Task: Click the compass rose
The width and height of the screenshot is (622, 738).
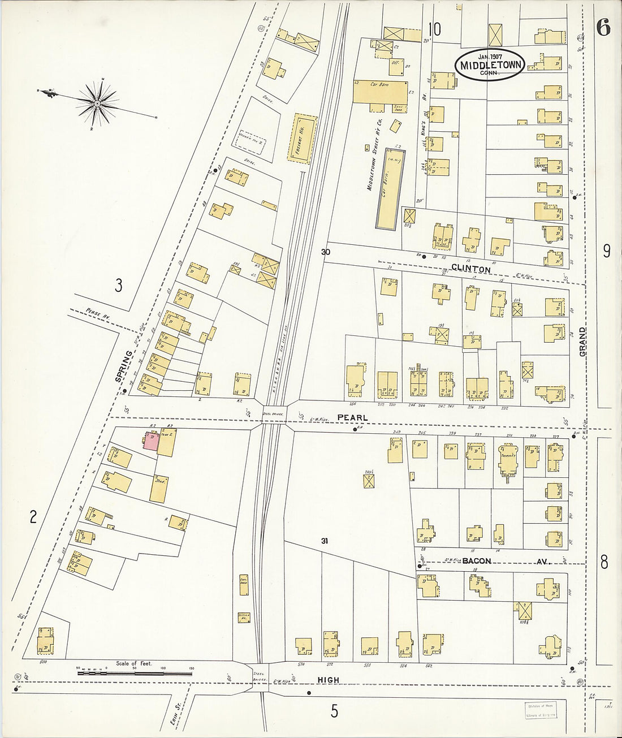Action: [x=97, y=103]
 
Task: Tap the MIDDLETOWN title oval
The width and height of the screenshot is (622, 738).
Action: [x=490, y=64]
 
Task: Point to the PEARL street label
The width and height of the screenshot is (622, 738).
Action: [x=353, y=417]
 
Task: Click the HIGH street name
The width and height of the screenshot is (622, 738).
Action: [x=329, y=680]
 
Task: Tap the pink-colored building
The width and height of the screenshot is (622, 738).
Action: [x=151, y=441]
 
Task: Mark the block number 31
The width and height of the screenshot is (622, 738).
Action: [x=324, y=541]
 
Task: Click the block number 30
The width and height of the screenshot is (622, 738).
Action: [x=325, y=252]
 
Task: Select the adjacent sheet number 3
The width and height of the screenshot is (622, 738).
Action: [x=118, y=286]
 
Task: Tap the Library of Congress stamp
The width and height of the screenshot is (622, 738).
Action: [x=537, y=710]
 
